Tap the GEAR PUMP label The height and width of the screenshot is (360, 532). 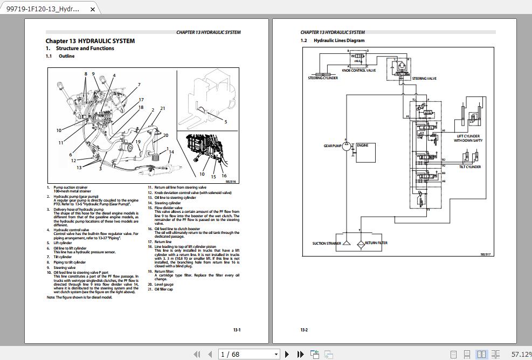pos(333,146)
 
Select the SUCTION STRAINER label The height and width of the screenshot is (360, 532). pos(327,243)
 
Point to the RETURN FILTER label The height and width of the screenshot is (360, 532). pos(376,243)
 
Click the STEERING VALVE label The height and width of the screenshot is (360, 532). pos(424,79)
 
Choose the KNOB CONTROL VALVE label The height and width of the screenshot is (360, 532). pos(359,71)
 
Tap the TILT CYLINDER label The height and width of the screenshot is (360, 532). pos(469,167)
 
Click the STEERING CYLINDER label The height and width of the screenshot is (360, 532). pos(323,78)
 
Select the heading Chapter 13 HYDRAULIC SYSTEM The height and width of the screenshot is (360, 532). pos(90,41)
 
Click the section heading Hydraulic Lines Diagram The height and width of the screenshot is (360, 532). pos(338,40)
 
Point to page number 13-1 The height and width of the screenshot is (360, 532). pos(237,330)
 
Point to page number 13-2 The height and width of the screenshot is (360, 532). pos(304,330)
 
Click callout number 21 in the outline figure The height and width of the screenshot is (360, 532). pos(163,108)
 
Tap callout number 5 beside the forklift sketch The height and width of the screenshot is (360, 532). pos(225,122)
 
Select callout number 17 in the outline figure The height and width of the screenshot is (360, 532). pos(141,100)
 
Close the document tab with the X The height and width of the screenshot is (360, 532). pos(93,9)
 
